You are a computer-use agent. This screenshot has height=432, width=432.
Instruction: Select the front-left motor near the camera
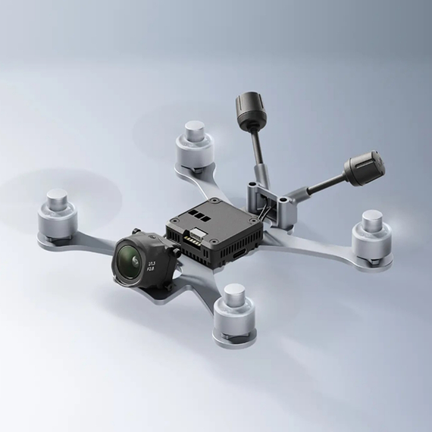point(58,212)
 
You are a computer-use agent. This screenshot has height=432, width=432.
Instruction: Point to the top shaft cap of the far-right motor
point(372,217)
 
